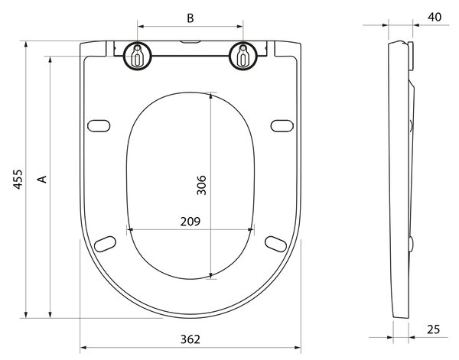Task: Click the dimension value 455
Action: coord(18,180)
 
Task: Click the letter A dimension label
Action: coord(43,180)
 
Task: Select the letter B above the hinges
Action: coord(190,18)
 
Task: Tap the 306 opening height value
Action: coord(201,185)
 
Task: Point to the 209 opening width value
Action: coord(190,222)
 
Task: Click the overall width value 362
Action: coord(190,339)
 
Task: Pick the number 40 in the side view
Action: coord(435,17)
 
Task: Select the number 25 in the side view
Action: coord(434,329)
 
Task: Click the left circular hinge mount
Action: coord(137,56)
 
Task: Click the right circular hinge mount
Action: coord(243,56)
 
